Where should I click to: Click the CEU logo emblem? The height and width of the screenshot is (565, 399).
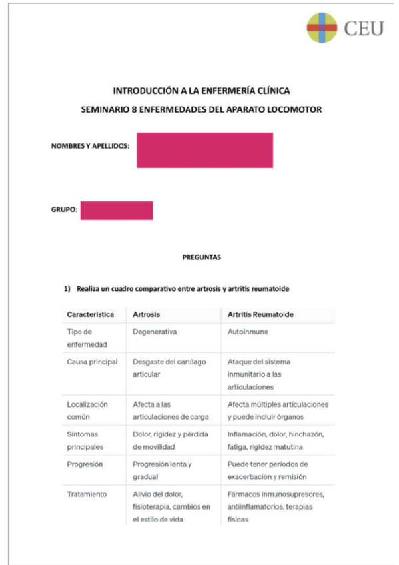click(x=322, y=28)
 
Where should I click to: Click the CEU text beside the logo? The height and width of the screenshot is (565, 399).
click(x=364, y=29)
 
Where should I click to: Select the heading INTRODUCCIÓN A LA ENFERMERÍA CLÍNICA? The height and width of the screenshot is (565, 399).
click(x=201, y=91)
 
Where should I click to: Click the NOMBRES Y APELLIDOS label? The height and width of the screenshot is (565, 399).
click(x=90, y=145)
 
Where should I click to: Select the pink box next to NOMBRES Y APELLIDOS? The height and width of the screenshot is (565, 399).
click(x=204, y=150)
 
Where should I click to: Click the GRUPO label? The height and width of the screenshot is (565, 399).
click(x=64, y=210)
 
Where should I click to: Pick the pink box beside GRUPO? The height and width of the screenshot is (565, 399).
click(x=117, y=210)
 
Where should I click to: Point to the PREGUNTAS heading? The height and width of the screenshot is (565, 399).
click(x=201, y=256)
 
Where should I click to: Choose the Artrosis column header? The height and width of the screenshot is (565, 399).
click(x=147, y=314)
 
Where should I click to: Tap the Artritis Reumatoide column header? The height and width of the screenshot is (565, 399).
click(x=261, y=314)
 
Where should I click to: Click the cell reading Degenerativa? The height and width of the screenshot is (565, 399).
click(x=155, y=331)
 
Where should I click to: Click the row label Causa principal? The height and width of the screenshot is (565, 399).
click(x=92, y=362)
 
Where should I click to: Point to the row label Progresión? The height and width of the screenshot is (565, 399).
click(x=85, y=464)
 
